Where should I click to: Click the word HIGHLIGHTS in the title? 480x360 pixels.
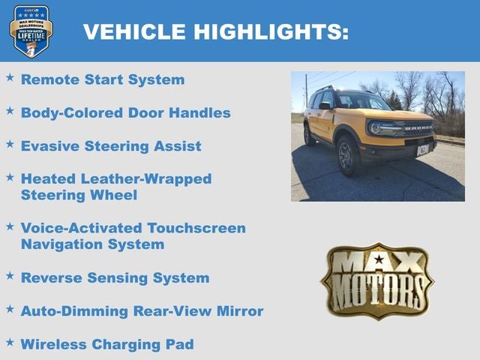click(271, 31)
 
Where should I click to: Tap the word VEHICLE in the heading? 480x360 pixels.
click(134, 31)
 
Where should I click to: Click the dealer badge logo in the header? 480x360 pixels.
click(31, 31)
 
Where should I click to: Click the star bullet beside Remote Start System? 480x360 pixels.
click(10, 77)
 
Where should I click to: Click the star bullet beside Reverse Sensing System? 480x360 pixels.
click(10, 276)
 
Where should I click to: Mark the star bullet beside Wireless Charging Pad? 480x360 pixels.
click(10, 342)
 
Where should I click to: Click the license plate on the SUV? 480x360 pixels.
click(423, 149)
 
